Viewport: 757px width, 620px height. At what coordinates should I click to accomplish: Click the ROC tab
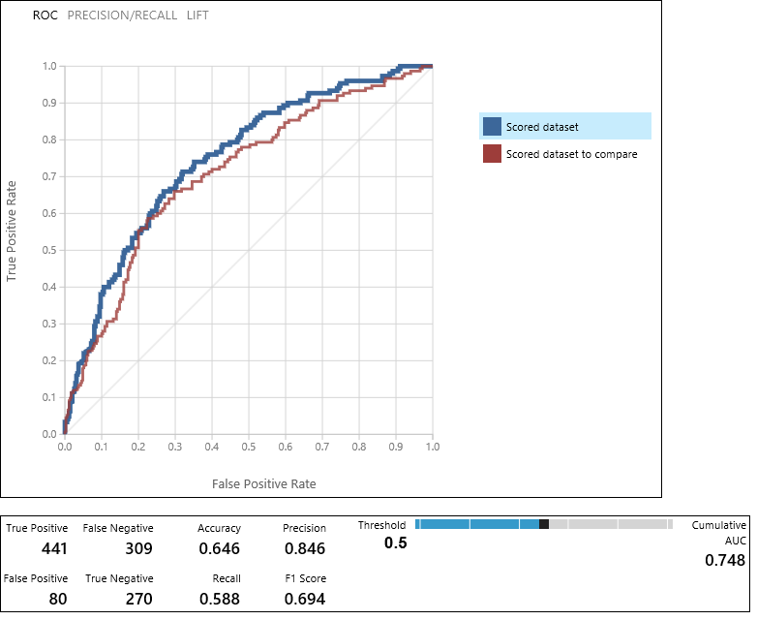pos(45,15)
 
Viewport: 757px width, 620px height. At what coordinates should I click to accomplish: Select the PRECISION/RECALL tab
pos(122,15)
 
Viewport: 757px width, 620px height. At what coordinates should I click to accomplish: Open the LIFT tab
pos(197,15)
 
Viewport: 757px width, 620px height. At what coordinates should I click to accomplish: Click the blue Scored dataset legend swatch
pos(492,126)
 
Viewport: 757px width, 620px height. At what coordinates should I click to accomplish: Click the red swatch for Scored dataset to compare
pos(492,153)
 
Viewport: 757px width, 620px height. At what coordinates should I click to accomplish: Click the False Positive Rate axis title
pos(263,482)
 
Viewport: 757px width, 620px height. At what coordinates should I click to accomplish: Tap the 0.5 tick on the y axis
pos(48,250)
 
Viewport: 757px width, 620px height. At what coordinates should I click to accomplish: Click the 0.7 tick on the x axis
pos(321,449)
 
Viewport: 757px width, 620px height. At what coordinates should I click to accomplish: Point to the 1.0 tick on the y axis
pos(48,66)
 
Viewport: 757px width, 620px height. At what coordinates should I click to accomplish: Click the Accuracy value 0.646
pos(219,548)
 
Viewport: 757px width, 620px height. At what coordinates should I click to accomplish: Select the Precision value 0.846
pos(304,548)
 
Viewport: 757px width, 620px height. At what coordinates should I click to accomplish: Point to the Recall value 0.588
pos(219,599)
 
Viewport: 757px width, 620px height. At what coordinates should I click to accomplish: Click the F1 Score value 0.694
pos(304,599)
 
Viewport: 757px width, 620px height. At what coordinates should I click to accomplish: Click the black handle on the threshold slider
pos(544,524)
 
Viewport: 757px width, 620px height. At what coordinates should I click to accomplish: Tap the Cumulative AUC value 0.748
pos(724,560)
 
